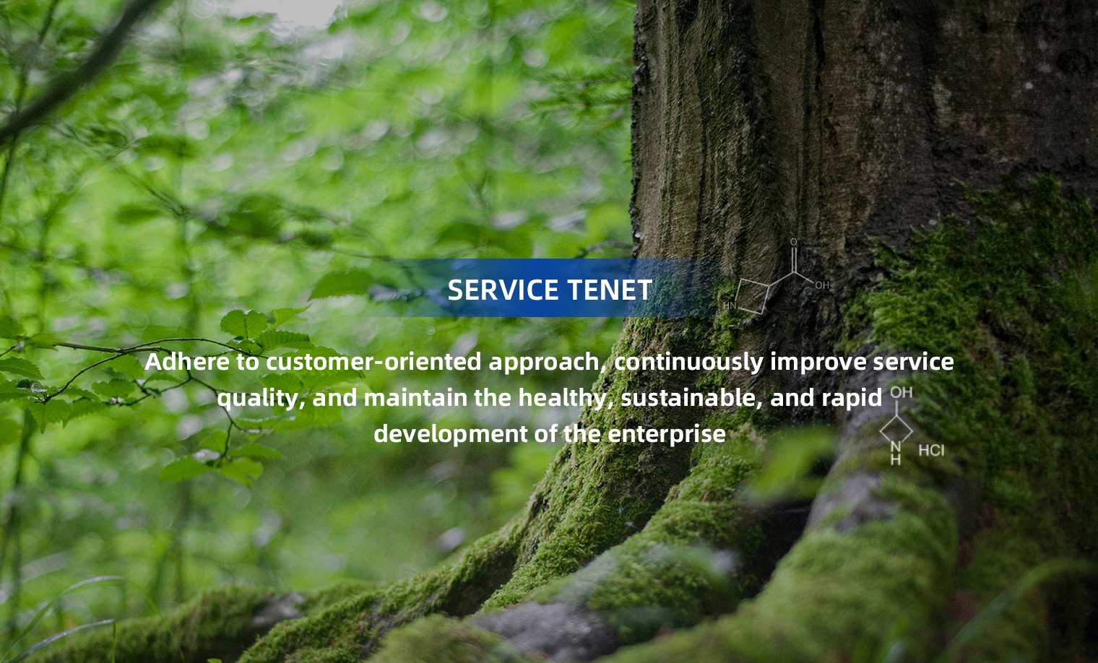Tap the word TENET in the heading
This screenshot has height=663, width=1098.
click(610, 290)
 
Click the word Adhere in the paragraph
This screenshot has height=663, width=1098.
click(187, 362)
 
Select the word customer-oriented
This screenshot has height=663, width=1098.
click(373, 362)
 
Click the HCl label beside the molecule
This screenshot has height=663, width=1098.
click(931, 451)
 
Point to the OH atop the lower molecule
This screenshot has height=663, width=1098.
click(902, 392)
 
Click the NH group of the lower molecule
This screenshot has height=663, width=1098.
click(896, 453)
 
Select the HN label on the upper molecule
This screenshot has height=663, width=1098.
click(730, 305)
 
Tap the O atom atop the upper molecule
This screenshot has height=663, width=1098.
click(794, 242)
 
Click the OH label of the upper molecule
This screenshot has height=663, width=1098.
click(822, 285)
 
